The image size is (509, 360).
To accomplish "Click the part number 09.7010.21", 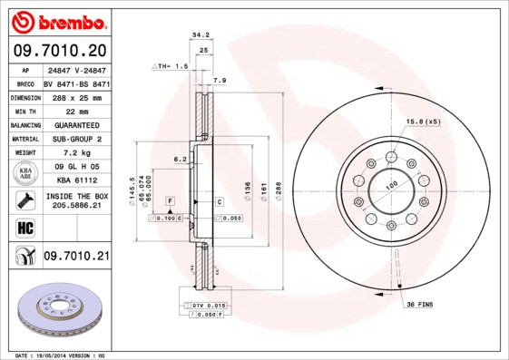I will coord(75,258).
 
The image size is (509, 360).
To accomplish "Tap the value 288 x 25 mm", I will coord(75,96).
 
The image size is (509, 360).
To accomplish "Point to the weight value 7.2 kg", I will coord(75,153).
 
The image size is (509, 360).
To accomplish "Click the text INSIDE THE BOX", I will coord(76,196).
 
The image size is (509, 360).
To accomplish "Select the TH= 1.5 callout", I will coord(172,67).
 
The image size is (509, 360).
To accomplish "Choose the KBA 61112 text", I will coord(75,180).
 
